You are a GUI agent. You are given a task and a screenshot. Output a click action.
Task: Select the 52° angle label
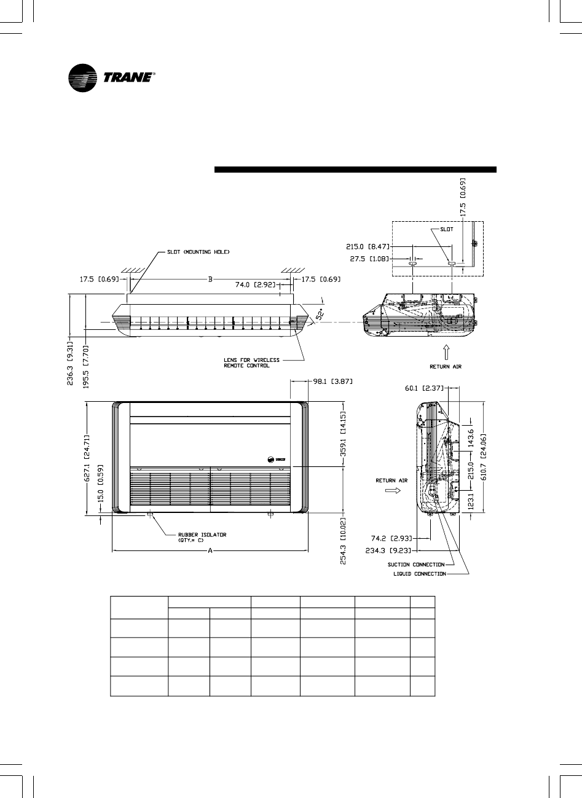pyautogui.click(x=320, y=314)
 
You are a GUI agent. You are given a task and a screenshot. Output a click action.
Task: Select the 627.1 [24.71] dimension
pyautogui.click(x=87, y=457)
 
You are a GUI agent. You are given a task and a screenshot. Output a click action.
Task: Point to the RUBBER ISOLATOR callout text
pyautogui.click(x=202, y=538)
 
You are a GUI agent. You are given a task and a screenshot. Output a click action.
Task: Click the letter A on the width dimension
pyautogui.click(x=210, y=551)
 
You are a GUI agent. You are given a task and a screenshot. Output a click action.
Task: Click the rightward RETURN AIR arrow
pyautogui.click(x=391, y=491)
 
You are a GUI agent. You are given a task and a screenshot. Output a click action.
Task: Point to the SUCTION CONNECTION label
pyautogui.click(x=416, y=564)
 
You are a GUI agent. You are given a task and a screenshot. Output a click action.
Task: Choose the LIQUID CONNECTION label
pyautogui.click(x=419, y=574)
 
